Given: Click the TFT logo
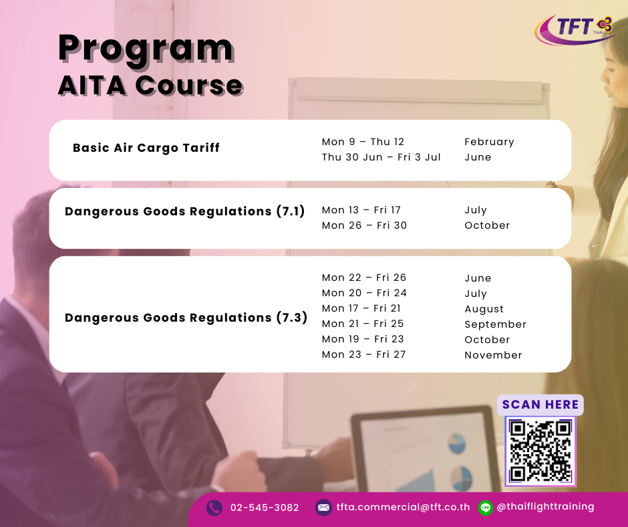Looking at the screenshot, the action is coord(575,29).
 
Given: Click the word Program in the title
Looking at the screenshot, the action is coord(146,49).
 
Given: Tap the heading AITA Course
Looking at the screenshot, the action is coord(150,86).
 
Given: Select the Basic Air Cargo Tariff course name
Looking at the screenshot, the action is coord(146,148).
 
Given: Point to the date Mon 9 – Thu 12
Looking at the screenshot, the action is coord(363,142).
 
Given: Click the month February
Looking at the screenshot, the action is coord(490,142).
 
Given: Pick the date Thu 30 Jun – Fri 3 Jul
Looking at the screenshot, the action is coord(381,156).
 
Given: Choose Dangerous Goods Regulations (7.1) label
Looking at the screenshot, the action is coord(184,211).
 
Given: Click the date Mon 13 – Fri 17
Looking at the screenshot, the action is coord(361,210).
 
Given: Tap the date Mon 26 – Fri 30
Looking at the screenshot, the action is coord(364,225).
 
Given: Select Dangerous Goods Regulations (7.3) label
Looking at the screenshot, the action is coord(186,317).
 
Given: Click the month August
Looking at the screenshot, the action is coord(484,309).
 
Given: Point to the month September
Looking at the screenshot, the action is coord(496,324).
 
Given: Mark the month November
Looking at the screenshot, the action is coord(493,355).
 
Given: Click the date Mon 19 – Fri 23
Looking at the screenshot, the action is coord(363,339).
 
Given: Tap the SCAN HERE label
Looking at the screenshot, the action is coord(540,404).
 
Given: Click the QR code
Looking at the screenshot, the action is coord(540,451).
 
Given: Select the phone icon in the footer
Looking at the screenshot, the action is coord(214,508).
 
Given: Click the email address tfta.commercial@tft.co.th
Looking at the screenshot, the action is coord(403,507).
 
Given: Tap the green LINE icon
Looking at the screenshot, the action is coord(486,508).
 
